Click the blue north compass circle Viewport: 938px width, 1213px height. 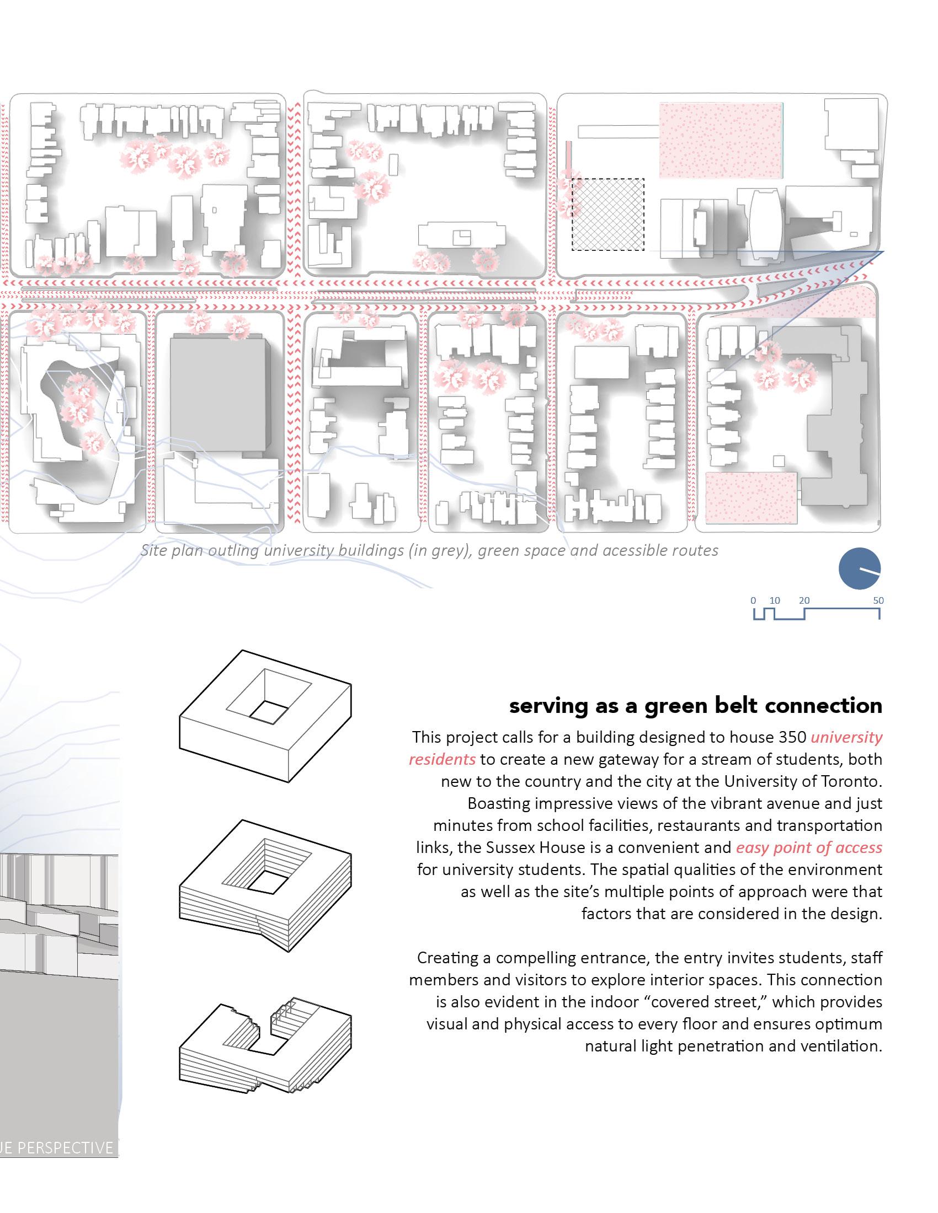click(859, 568)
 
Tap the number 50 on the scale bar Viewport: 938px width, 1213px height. click(878, 600)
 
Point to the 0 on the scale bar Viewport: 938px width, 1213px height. click(753, 600)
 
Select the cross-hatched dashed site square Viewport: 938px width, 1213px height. click(609, 214)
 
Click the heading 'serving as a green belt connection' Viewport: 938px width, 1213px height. click(696, 706)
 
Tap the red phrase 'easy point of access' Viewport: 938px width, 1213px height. click(809, 847)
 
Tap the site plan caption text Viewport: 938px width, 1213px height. click(429, 550)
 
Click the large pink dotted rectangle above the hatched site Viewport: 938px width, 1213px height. click(721, 141)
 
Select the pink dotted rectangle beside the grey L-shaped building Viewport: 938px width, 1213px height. click(752, 498)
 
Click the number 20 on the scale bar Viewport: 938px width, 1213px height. click(804, 600)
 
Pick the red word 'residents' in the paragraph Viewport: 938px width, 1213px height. click(443, 760)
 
